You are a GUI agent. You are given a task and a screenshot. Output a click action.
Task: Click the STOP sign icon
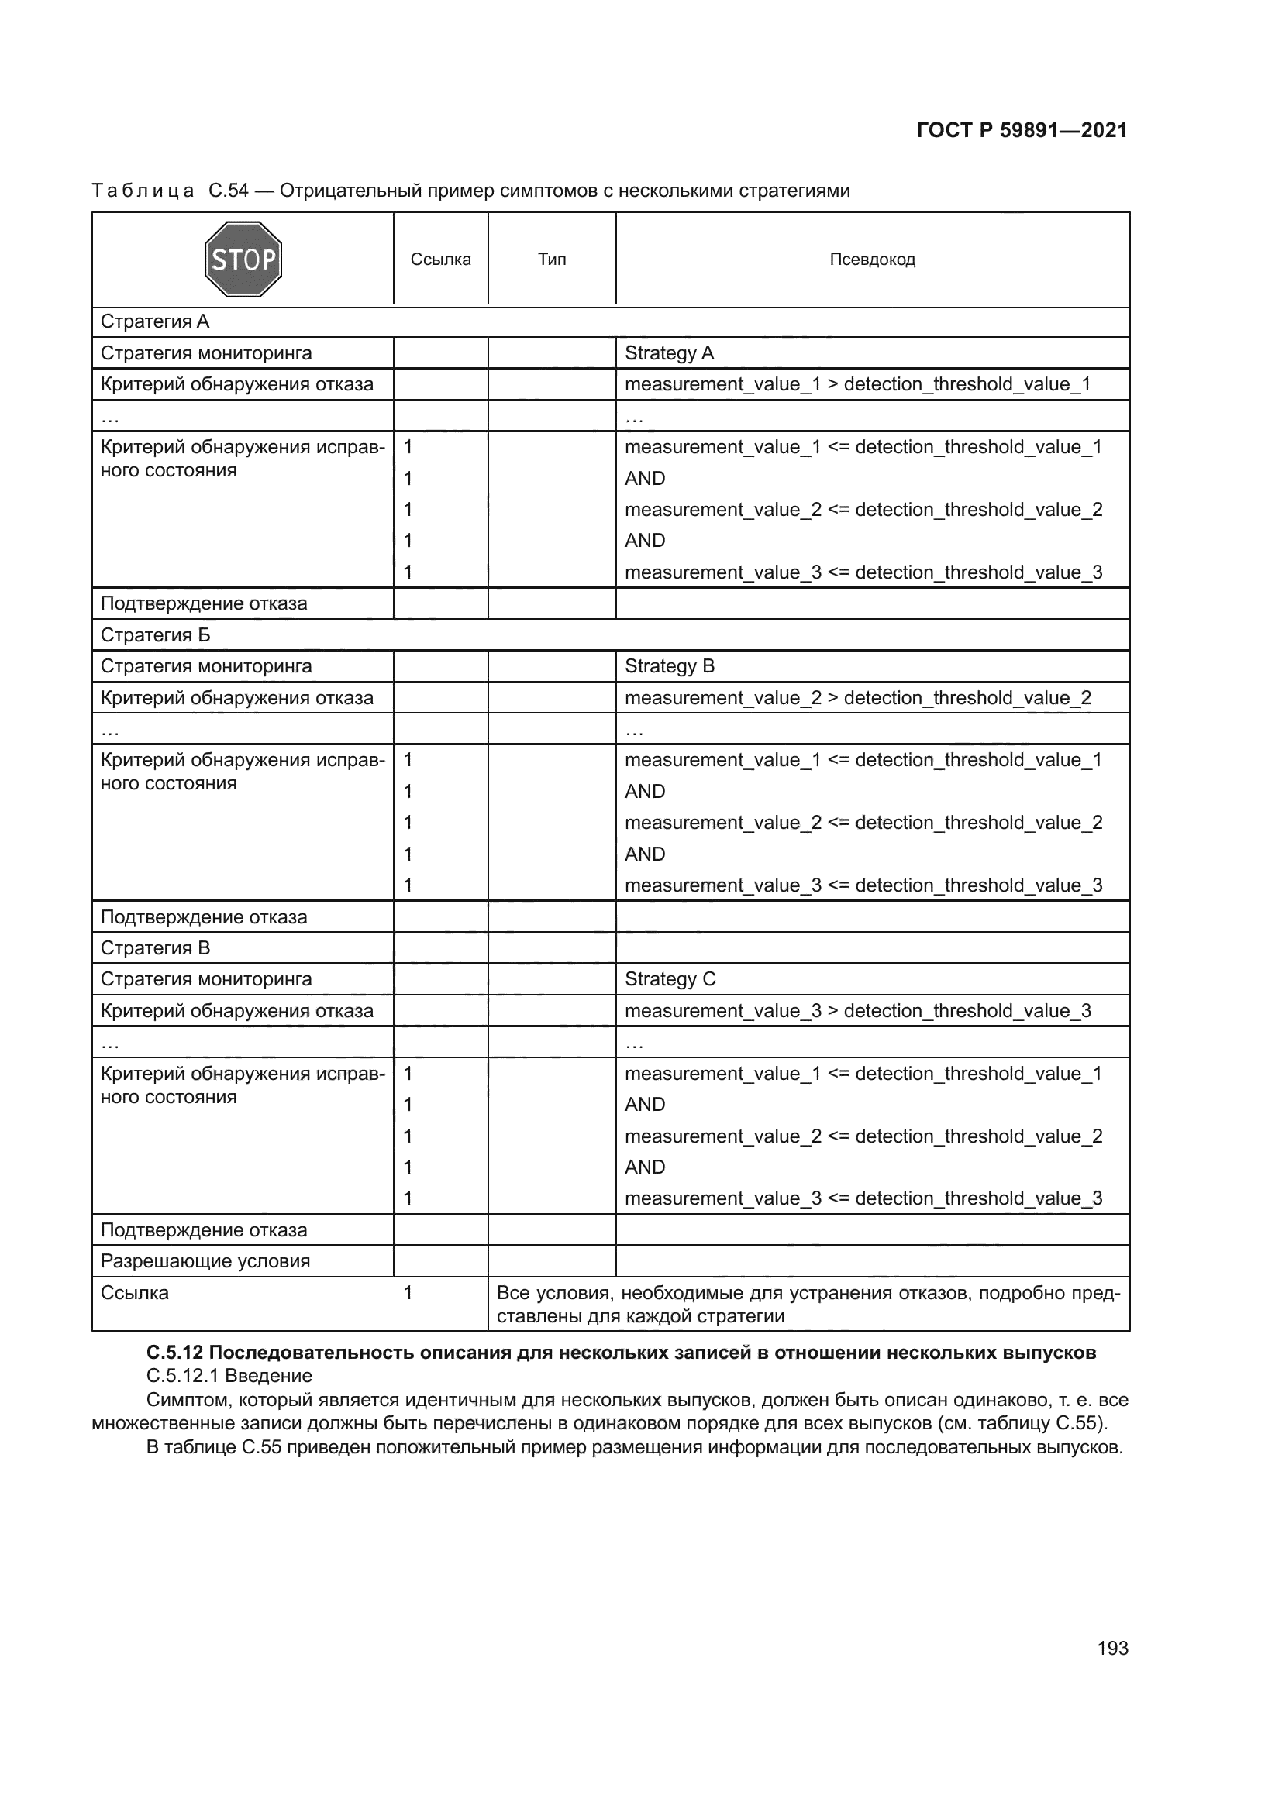click(243, 259)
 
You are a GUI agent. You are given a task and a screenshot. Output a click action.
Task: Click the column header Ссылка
click(440, 260)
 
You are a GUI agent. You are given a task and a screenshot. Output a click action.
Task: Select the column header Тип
click(552, 260)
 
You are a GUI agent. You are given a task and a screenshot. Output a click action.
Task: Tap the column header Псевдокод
click(872, 260)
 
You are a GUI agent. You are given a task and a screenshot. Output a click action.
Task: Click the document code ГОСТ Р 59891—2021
click(1022, 130)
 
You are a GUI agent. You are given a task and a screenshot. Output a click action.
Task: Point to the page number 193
click(1112, 1648)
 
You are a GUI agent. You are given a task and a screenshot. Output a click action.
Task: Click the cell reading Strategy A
click(670, 352)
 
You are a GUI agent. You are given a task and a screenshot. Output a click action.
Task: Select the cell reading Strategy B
click(670, 666)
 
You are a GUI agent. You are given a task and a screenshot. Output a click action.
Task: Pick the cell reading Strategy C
click(670, 979)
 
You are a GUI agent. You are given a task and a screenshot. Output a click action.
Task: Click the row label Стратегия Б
click(156, 635)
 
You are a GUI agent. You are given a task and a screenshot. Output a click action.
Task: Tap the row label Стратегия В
click(156, 947)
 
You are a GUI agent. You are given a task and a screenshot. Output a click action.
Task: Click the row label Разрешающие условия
click(205, 1261)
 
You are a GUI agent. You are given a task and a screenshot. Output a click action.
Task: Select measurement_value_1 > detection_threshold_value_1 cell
click(857, 384)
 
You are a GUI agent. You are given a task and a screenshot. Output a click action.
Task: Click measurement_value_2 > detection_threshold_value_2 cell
click(857, 698)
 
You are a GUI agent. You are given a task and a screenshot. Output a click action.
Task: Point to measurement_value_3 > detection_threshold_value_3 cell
click(857, 1011)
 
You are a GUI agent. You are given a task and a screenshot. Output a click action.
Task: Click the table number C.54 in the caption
click(229, 191)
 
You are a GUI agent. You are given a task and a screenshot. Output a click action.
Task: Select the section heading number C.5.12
click(174, 1353)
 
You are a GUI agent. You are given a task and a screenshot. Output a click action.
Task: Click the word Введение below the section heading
click(268, 1376)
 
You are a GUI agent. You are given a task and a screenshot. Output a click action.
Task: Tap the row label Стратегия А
click(155, 322)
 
